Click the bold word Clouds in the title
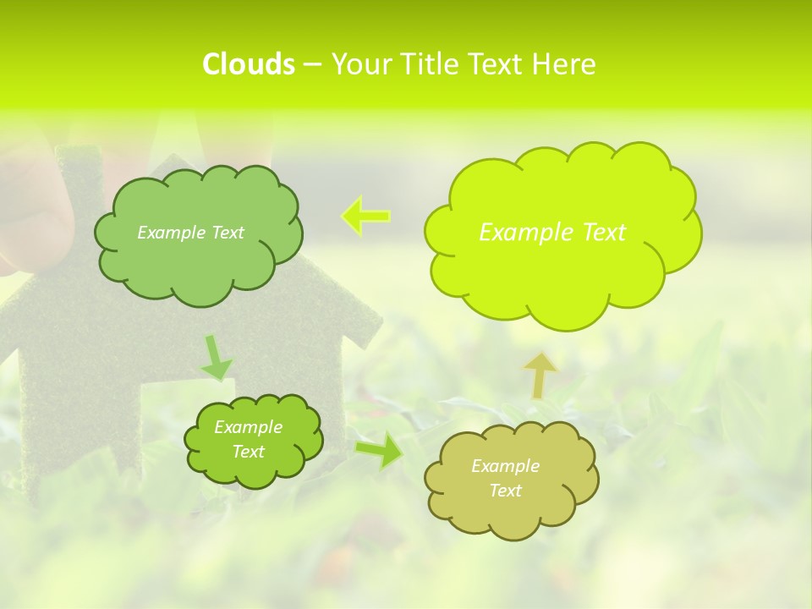click(248, 64)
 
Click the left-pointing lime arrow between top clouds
click(365, 216)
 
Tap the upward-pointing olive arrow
click(539, 375)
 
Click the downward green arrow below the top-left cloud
click(217, 359)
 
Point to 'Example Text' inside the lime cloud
click(552, 232)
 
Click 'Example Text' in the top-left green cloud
click(190, 233)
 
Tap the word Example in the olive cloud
click(505, 466)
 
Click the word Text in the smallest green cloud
click(248, 452)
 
